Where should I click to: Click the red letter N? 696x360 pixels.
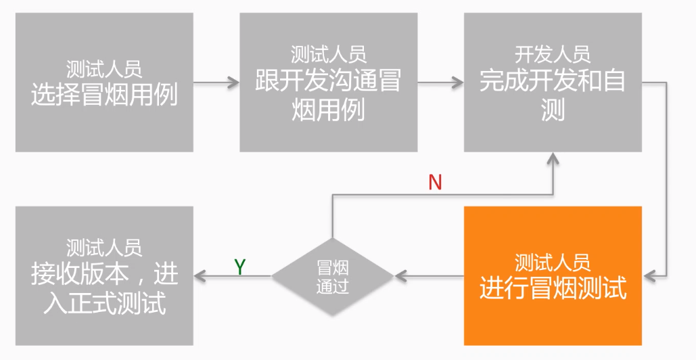(x=435, y=182)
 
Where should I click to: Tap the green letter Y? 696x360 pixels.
(x=239, y=267)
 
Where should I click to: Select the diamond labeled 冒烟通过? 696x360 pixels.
(x=332, y=276)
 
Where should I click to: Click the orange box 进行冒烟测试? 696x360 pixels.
(x=553, y=275)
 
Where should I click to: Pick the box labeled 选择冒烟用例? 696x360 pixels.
(x=104, y=82)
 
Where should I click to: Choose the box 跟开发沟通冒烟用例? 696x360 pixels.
(x=328, y=82)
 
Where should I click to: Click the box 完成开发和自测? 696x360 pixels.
(x=553, y=82)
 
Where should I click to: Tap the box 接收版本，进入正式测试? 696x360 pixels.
(x=104, y=275)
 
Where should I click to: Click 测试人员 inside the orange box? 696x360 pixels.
(x=553, y=262)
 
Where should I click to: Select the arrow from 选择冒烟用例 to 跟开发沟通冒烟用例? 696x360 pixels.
(x=216, y=83)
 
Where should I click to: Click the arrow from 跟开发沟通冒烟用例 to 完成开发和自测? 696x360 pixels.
(x=440, y=83)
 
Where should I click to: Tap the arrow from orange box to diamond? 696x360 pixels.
(x=429, y=276)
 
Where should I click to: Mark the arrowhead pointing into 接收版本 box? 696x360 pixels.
(x=200, y=276)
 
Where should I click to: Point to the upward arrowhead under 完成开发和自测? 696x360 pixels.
(x=553, y=159)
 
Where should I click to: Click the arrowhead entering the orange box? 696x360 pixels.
(x=649, y=276)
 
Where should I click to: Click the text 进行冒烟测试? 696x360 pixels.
(x=553, y=288)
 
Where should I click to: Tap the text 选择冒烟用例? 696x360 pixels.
(x=104, y=95)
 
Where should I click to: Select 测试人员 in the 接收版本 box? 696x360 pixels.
(x=104, y=248)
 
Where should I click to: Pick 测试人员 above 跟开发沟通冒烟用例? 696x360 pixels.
(x=328, y=54)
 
